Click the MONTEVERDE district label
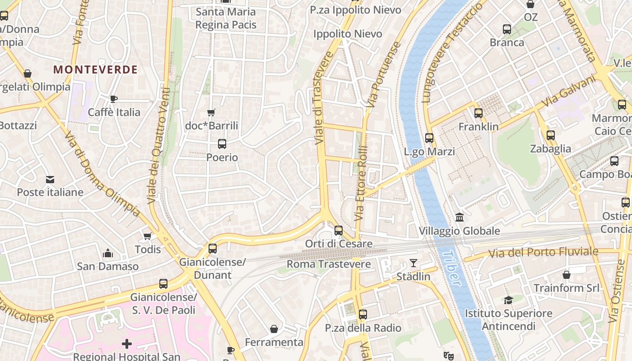point(95,69)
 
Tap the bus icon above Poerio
point(222,144)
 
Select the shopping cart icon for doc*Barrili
point(211,112)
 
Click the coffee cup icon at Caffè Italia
point(114,99)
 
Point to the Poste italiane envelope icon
point(50,180)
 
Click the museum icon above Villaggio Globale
point(460,218)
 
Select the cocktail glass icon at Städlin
point(413,263)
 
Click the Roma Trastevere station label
point(329,264)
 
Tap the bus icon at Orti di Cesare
point(339,231)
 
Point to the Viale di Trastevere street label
point(324,98)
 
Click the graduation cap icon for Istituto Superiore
point(508,300)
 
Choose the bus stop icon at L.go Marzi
point(429,138)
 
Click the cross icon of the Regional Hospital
point(127,344)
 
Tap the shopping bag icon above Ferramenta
point(274,329)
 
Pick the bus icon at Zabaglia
point(550,135)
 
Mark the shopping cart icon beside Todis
point(147,236)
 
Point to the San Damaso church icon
point(107,253)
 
